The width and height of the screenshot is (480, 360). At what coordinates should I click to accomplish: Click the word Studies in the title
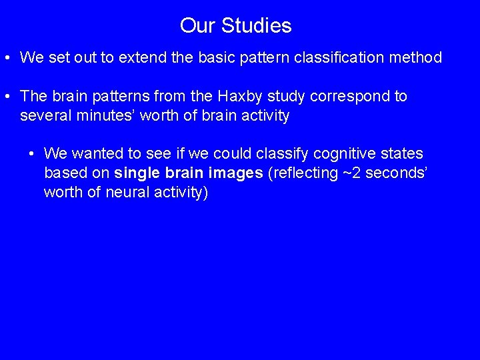point(256,26)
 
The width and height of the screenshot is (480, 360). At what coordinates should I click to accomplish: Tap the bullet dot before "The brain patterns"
point(7,97)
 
